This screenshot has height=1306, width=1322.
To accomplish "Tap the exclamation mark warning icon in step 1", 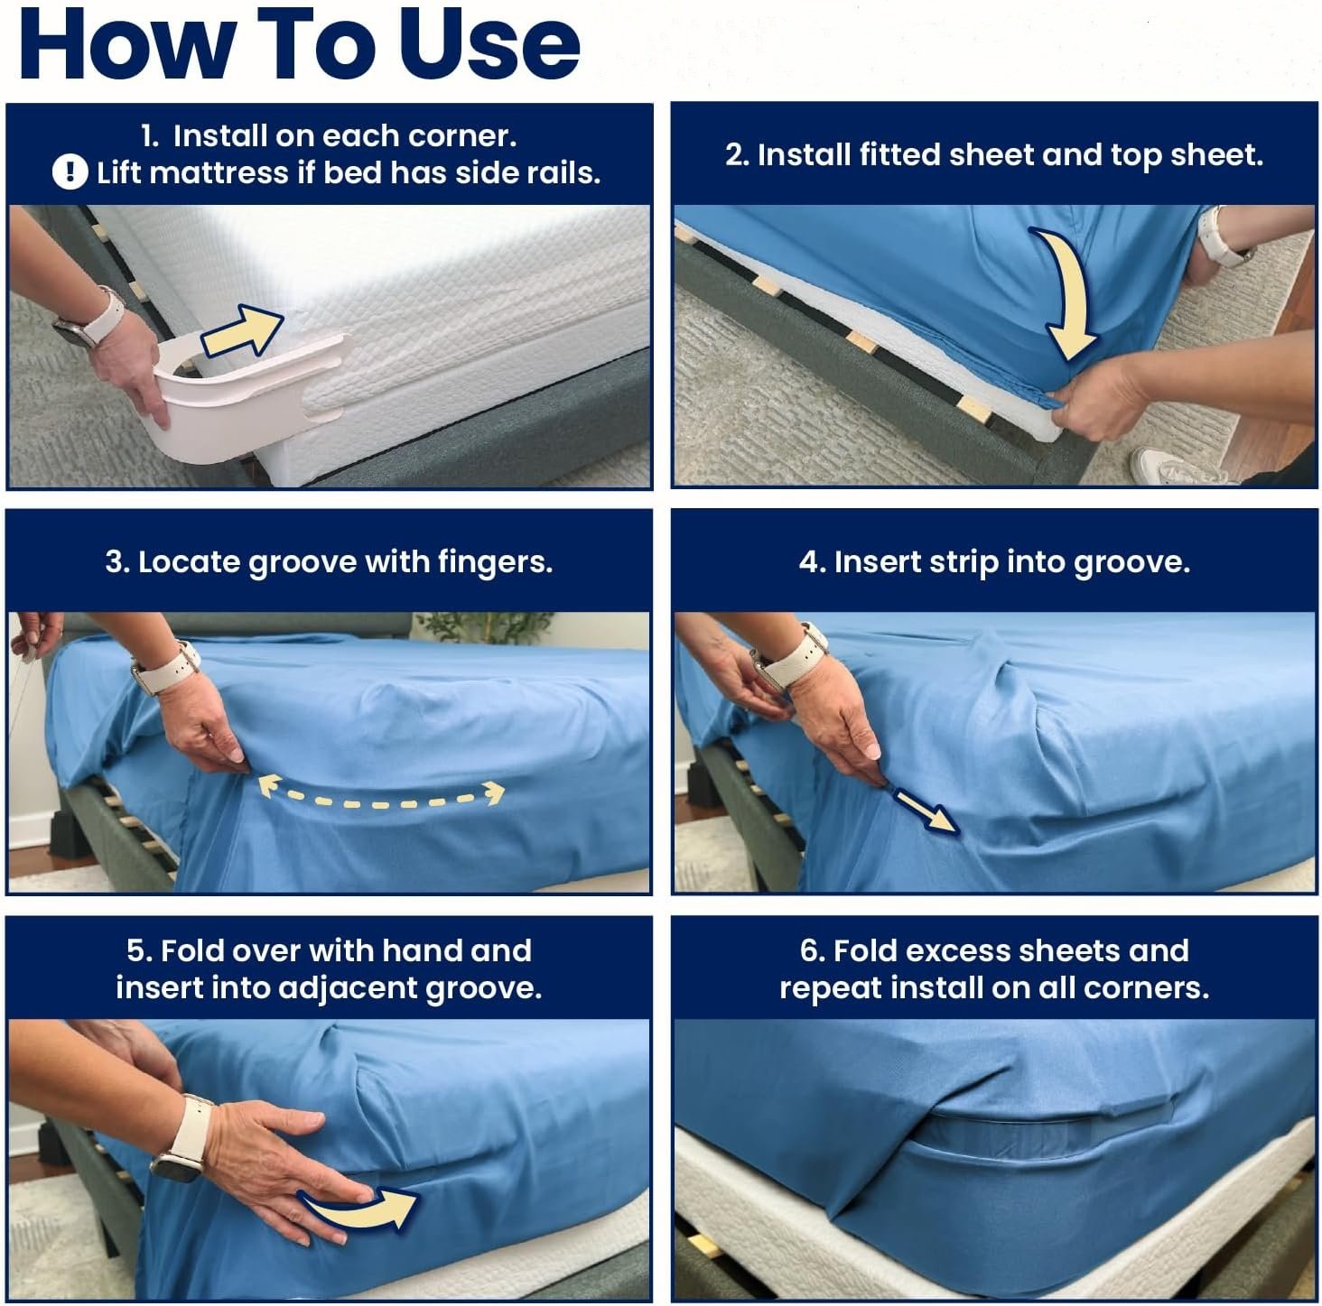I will coord(70,171).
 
